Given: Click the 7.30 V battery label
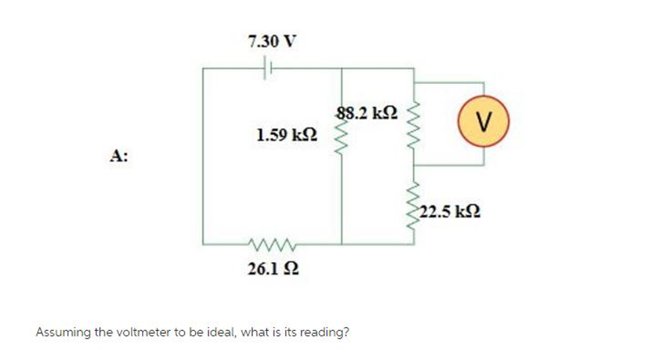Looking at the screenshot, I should tap(271, 42).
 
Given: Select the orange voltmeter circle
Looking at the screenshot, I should tap(484, 120).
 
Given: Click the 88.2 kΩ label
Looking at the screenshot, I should tap(367, 113).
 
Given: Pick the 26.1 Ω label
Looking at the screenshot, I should tap(273, 270).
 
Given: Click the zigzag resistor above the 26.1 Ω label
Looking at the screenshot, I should tap(271, 244).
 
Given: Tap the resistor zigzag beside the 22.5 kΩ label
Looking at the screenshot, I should tap(415, 204).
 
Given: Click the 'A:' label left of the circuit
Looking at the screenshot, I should tap(118, 156).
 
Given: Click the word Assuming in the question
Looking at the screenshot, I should tap(58, 333).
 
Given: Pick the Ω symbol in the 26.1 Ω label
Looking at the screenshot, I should tap(291, 270).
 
